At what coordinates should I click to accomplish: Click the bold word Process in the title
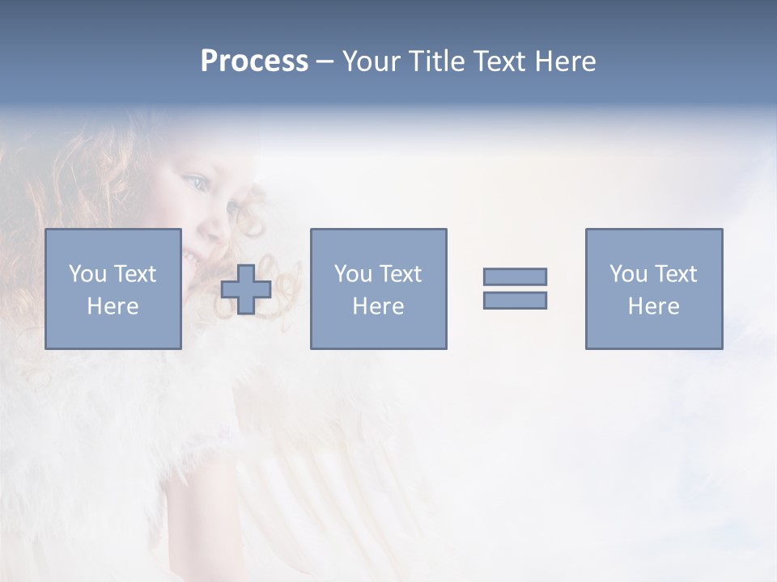[x=254, y=61]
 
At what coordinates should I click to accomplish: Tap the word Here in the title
[x=563, y=61]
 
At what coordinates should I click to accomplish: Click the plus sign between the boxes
[x=246, y=289]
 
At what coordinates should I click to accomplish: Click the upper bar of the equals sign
[x=515, y=276]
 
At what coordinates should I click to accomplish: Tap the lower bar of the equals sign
[x=515, y=300]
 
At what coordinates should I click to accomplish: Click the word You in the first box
[x=87, y=274]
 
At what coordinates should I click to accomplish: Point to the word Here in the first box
[x=113, y=306]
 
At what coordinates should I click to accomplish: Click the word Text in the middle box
[x=400, y=274]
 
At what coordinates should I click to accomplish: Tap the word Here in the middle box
[x=378, y=306]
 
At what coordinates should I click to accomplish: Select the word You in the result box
[x=628, y=274]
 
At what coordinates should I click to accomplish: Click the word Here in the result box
[x=653, y=306]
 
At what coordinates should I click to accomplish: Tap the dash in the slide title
[x=325, y=61]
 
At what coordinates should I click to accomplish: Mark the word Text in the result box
[x=675, y=274]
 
